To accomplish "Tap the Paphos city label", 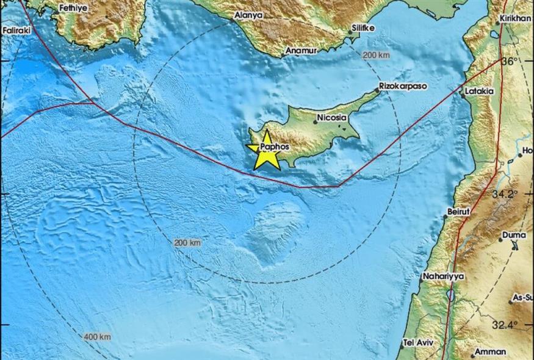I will (x=274, y=147).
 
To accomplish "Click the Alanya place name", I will (x=249, y=15).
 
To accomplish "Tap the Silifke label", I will (x=365, y=29).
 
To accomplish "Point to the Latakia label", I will (x=479, y=92).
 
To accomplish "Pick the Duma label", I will (x=513, y=234).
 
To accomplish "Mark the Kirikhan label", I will (x=516, y=19).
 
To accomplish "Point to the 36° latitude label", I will (x=509, y=61).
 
